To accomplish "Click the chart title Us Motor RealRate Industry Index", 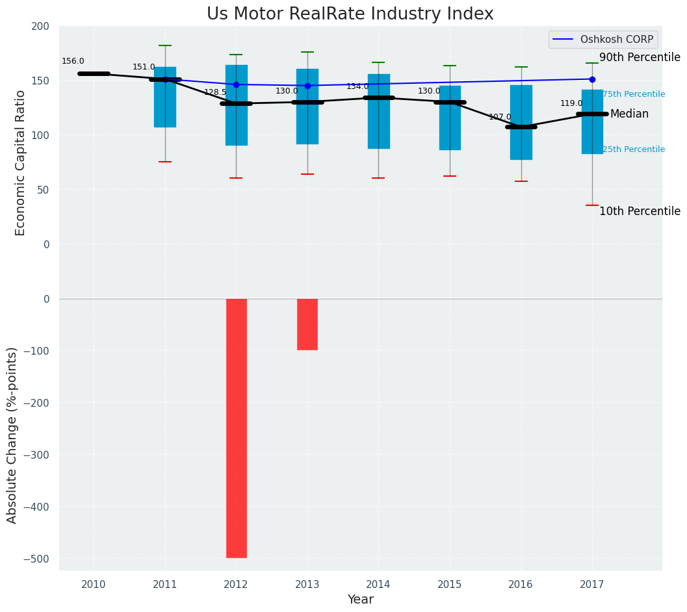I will coord(350,14).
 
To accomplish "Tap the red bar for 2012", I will coord(236,427).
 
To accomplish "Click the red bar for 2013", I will coord(307,324).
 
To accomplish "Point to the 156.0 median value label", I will coord(73,61).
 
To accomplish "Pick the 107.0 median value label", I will coord(500,117).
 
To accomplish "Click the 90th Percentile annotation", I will coord(640,58).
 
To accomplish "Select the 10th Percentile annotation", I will coord(640,212).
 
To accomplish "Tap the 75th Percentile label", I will coord(634,94).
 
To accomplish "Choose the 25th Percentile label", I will coord(634,149).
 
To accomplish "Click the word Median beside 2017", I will coord(629,114).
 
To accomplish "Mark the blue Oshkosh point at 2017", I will coord(592,79).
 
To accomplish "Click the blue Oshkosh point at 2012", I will coord(236,84).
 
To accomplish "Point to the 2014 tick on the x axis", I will coord(378,585).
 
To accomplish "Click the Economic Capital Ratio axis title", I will coord(20,162).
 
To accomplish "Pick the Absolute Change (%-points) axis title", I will coord(12,435).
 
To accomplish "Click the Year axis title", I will coord(360,600).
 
